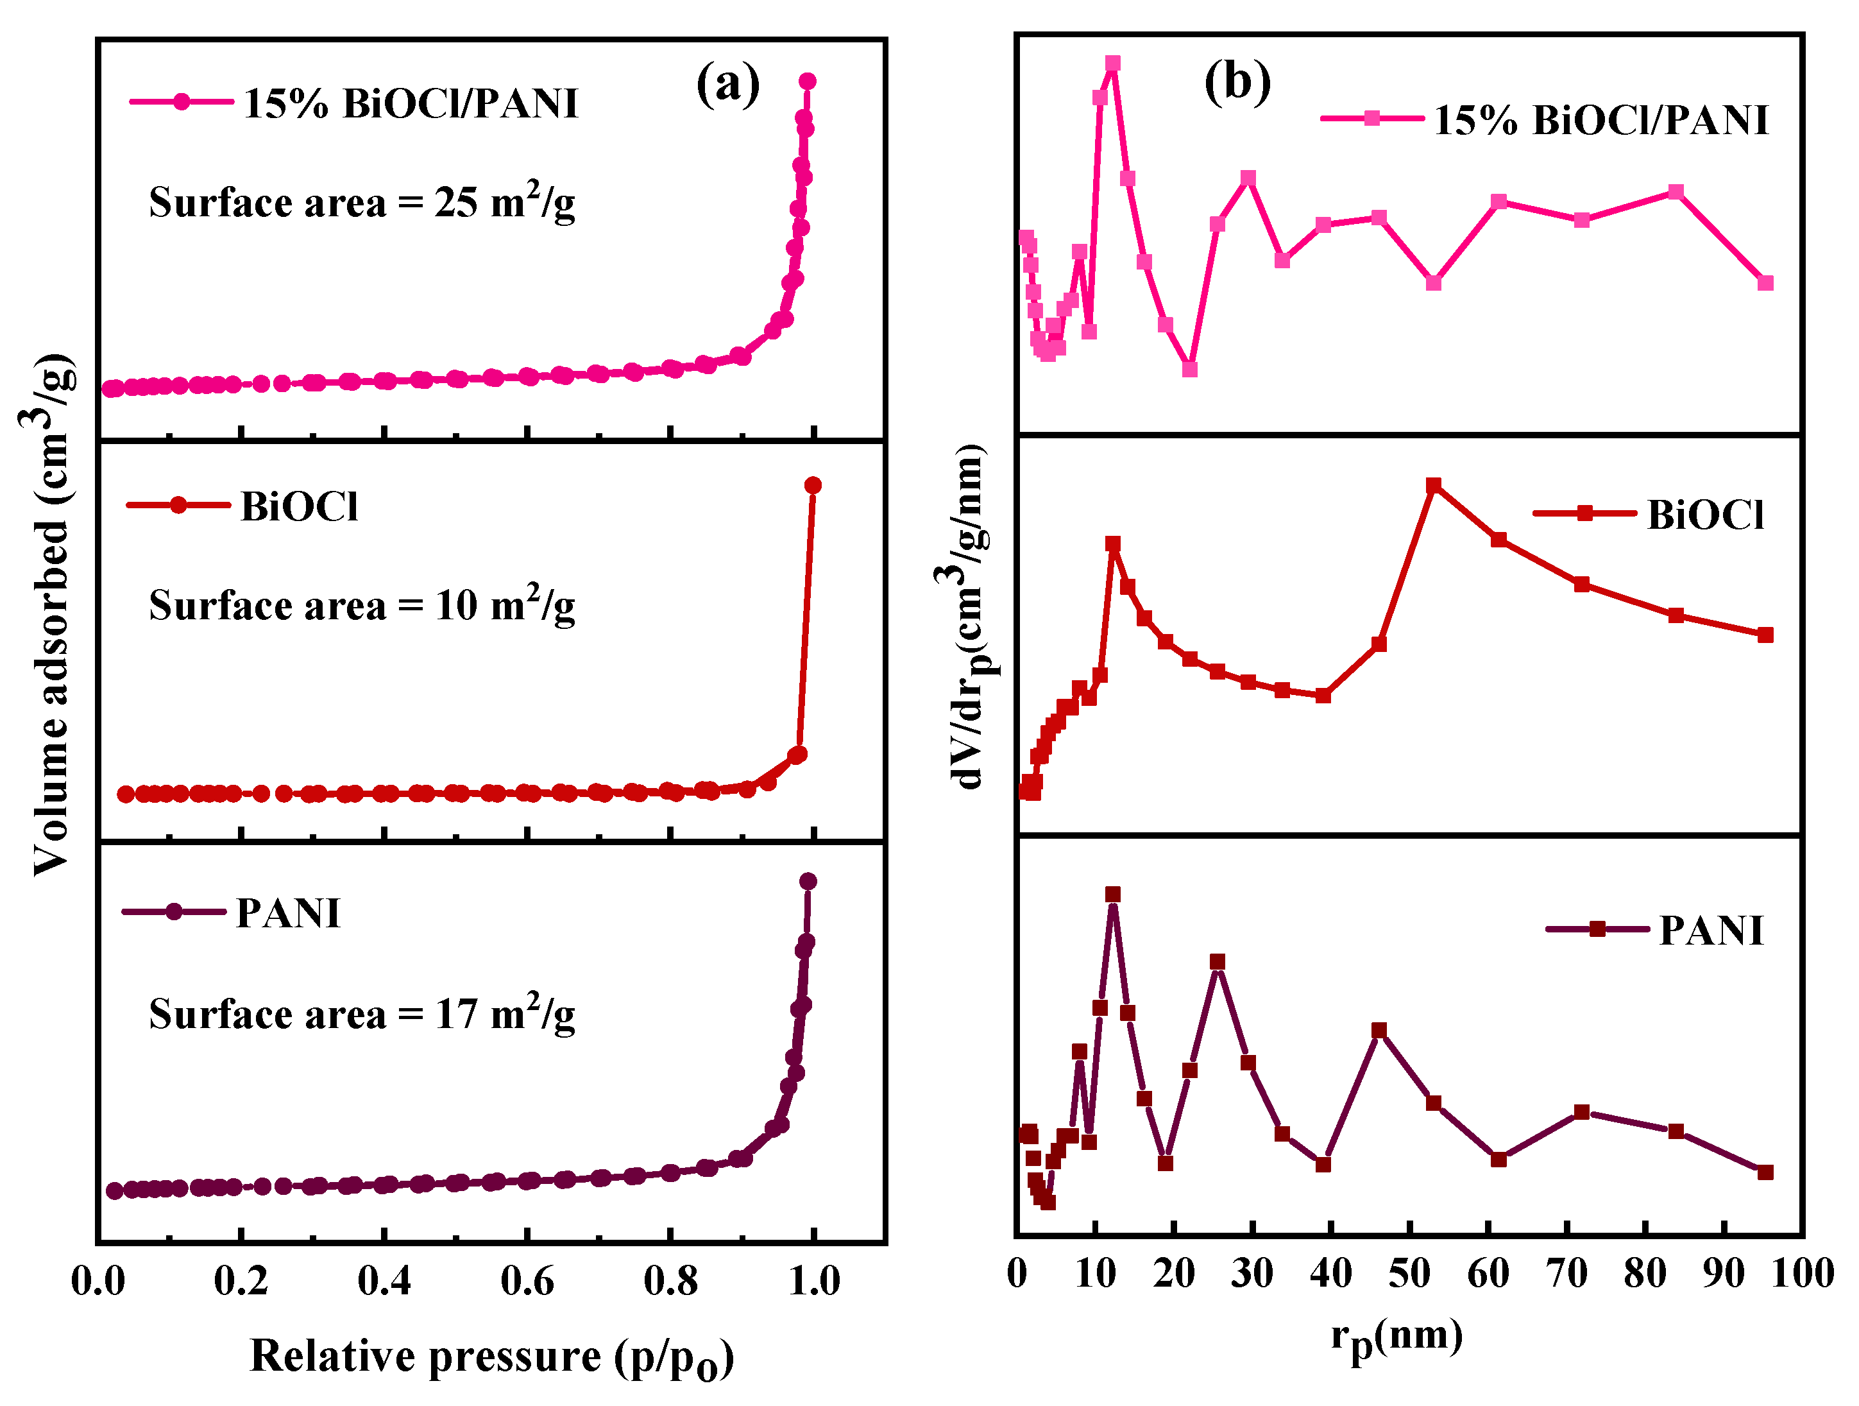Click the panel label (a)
tap(728, 84)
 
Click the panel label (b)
tap(1237, 83)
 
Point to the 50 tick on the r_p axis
tap(1409, 1273)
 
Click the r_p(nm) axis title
tap(1396, 1337)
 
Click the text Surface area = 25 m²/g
tap(361, 201)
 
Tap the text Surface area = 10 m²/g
tap(361, 604)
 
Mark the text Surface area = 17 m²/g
tap(361, 1013)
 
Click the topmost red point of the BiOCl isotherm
tap(813, 485)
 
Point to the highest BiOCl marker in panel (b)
tap(1434, 485)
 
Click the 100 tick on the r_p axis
tap(1802, 1273)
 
